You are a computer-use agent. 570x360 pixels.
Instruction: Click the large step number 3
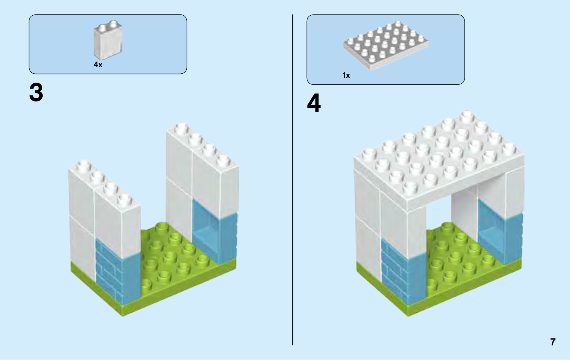coord(36,93)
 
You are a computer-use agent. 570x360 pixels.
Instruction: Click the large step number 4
coord(313,104)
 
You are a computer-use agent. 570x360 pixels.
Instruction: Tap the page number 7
coord(553,342)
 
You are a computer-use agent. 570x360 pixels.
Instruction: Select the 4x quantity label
coord(98,65)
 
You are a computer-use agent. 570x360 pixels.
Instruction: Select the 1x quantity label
coord(346,75)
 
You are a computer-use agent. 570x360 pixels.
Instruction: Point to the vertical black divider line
coord(293,178)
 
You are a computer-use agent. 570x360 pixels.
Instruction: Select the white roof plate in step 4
coord(438,160)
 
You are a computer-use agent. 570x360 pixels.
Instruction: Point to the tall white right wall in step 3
coord(199,167)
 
